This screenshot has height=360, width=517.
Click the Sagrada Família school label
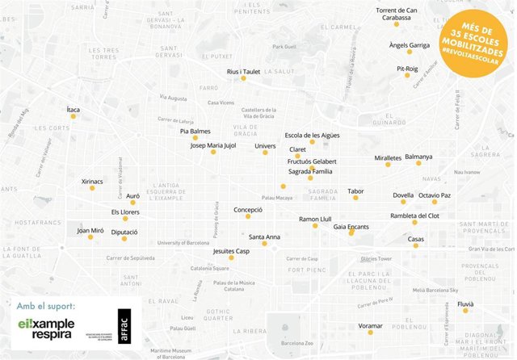pos(310,171)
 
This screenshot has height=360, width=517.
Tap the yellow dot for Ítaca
pos(73,116)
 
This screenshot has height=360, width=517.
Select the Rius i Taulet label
pos(243,72)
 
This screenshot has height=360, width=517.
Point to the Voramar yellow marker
pos(370,333)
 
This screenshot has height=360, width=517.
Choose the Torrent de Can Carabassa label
pos(397,13)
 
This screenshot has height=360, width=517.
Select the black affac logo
pos(123,328)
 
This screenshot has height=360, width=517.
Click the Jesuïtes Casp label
pos(231,251)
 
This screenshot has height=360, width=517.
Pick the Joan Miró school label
pos(90,231)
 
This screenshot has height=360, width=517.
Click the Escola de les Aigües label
pos(312,135)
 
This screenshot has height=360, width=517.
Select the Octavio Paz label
pos(435,195)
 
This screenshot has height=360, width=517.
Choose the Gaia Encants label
pos(351,227)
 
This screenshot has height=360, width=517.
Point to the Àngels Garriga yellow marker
pos(409,52)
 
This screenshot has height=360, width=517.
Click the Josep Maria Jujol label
pos(213,146)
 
